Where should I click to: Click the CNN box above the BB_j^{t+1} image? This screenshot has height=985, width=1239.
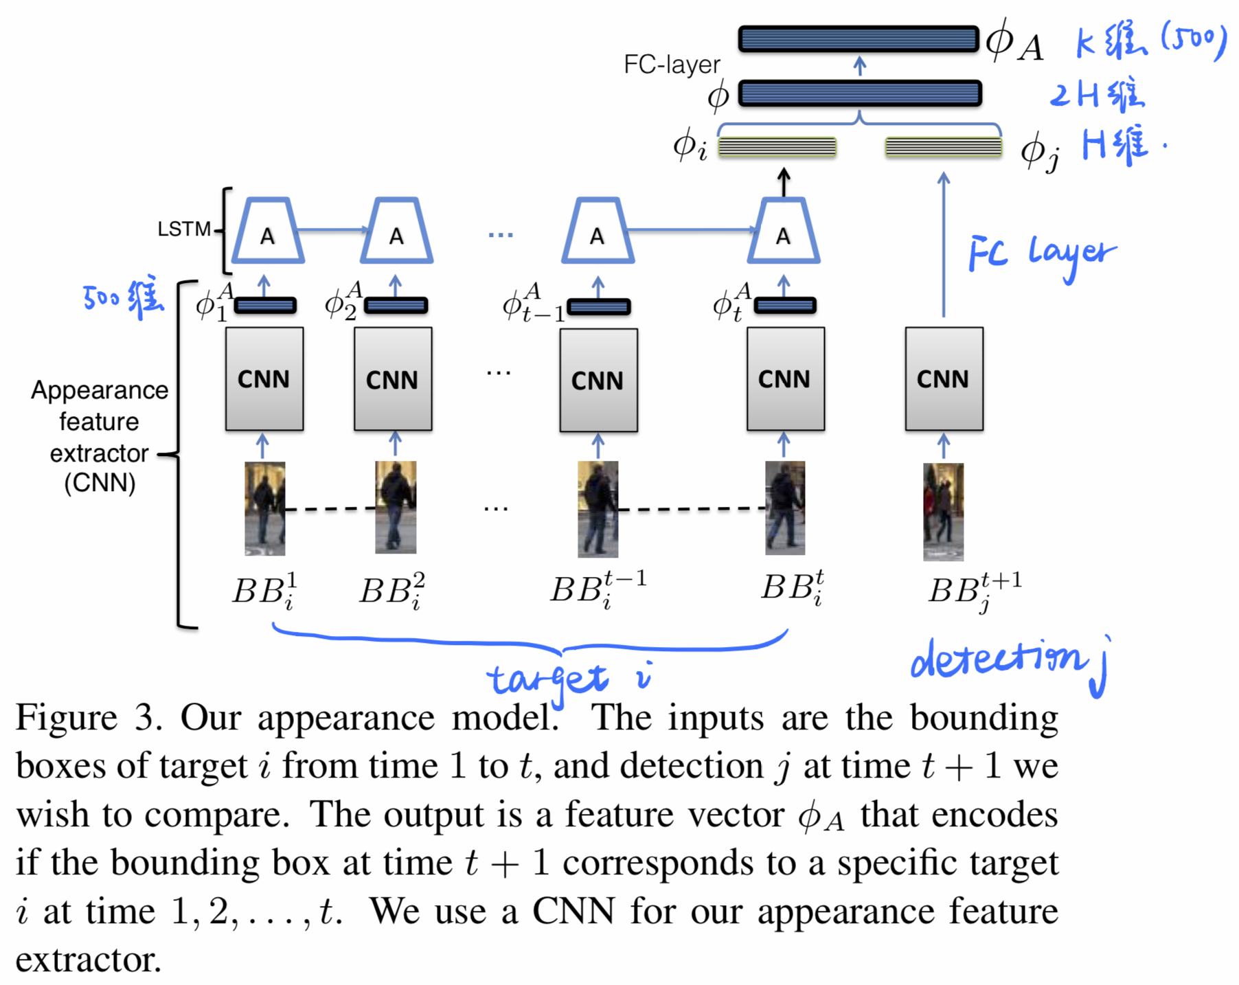pyautogui.click(x=944, y=379)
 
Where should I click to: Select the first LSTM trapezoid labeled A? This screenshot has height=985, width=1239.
pyautogui.click(x=267, y=232)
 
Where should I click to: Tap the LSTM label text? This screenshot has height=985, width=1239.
pyautogui.click(x=183, y=229)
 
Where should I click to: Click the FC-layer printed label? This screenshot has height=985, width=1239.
pyautogui.click(x=671, y=65)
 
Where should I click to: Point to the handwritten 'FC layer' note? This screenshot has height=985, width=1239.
pyautogui.click(x=1041, y=254)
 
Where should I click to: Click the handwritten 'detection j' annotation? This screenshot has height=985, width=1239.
pyautogui.click(x=1006, y=661)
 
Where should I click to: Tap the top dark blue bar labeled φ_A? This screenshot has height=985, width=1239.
pyautogui.click(x=859, y=39)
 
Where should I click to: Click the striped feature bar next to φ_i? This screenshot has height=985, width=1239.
pyautogui.click(x=777, y=147)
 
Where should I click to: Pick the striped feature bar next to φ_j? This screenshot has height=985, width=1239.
pyautogui.click(x=943, y=147)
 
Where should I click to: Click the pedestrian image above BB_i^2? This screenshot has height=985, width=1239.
pyautogui.click(x=396, y=507)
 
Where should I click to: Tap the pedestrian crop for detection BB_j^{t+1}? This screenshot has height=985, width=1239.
pyautogui.click(x=943, y=512)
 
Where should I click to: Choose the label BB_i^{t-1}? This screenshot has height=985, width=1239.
pyautogui.click(x=598, y=589)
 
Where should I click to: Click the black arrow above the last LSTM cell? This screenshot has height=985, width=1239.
pyautogui.click(x=784, y=183)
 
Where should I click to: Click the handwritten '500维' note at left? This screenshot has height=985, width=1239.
pyautogui.click(x=124, y=297)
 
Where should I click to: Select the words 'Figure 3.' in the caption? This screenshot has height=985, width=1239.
pyautogui.click(x=89, y=718)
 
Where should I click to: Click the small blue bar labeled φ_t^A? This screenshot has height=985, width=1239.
pyautogui.click(x=784, y=306)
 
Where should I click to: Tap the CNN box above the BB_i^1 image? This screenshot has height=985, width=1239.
pyautogui.click(x=264, y=379)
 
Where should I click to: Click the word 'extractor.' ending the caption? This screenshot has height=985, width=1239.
pyautogui.click(x=88, y=960)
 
